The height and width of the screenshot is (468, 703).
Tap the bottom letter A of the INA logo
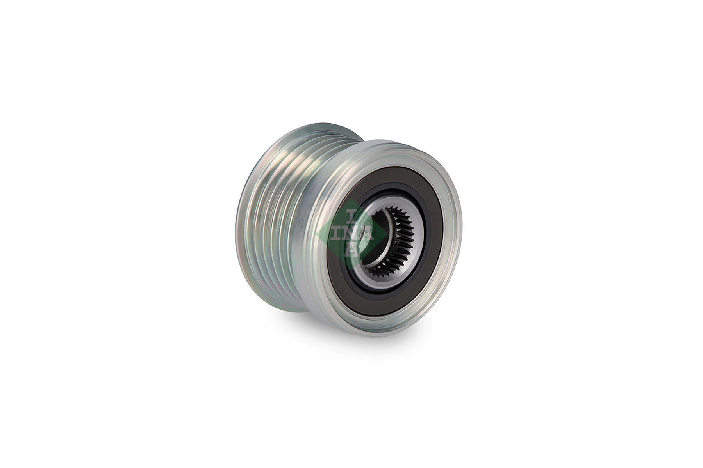[x=352, y=250]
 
